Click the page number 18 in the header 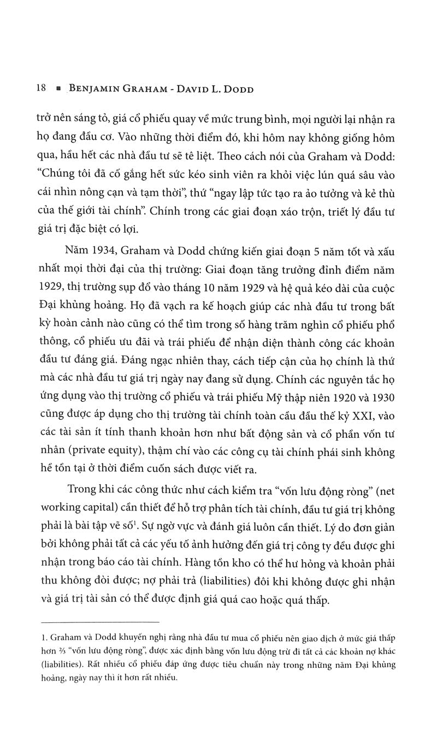tap(40, 89)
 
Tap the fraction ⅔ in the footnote tap(60, 652)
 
